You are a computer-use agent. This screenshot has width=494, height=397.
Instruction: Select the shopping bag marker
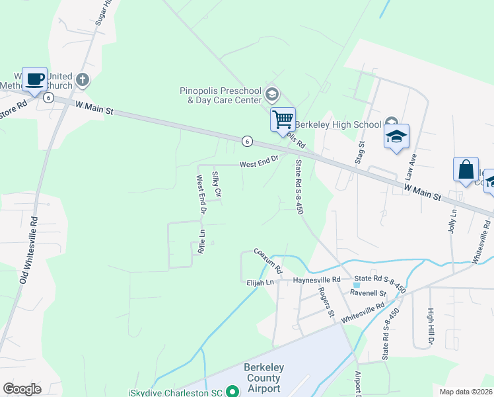466,169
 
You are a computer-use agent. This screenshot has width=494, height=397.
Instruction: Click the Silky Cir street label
216,185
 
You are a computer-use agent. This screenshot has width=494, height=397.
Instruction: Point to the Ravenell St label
368,292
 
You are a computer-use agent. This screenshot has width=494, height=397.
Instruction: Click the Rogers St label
324,301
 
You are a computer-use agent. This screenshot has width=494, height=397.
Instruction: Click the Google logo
22,389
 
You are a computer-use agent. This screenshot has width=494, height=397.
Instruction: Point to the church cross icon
83,80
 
